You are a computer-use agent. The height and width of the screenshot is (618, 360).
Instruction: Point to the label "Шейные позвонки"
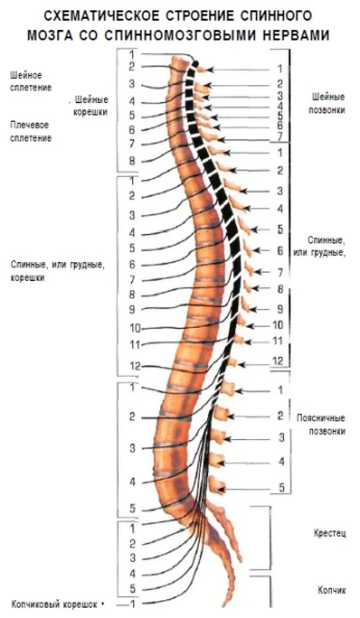(x=328, y=103)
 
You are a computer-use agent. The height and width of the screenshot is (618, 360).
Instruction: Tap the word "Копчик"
(x=331, y=590)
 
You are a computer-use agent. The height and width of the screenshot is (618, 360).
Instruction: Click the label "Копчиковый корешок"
(x=54, y=604)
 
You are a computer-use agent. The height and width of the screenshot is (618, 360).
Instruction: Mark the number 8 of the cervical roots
(x=132, y=162)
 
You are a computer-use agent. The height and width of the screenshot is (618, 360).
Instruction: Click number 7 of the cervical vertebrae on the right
(x=280, y=136)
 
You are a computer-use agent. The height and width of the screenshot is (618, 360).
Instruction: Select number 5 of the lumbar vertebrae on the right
(x=281, y=487)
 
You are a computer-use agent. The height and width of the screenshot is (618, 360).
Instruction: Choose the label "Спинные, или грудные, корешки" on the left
(x=57, y=271)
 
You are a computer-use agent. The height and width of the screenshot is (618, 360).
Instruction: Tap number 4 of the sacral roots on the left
(x=132, y=573)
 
